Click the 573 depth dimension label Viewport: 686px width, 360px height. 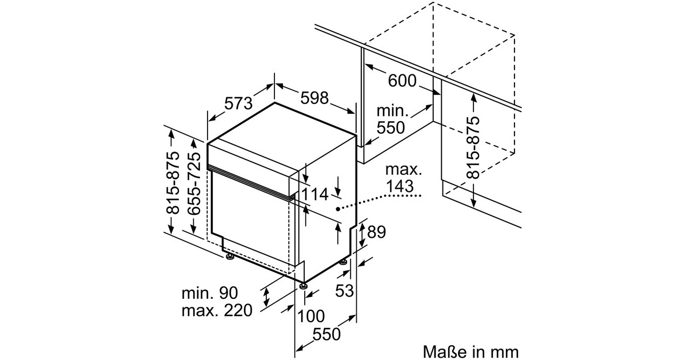(238, 103)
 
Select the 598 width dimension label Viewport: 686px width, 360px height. (315, 98)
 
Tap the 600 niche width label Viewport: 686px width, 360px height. (402, 81)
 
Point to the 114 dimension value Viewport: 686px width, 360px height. (315, 195)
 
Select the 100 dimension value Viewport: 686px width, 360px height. (311, 316)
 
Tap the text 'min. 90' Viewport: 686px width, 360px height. (209, 294)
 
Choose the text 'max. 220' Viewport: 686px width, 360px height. (217, 311)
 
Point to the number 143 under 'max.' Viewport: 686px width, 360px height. (400, 186)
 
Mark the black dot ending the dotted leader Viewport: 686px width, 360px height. (338, 209)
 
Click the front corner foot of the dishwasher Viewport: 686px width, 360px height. (302, 284)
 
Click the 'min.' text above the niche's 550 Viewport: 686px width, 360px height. (392, 111)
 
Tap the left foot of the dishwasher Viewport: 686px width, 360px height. (230, 258)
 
